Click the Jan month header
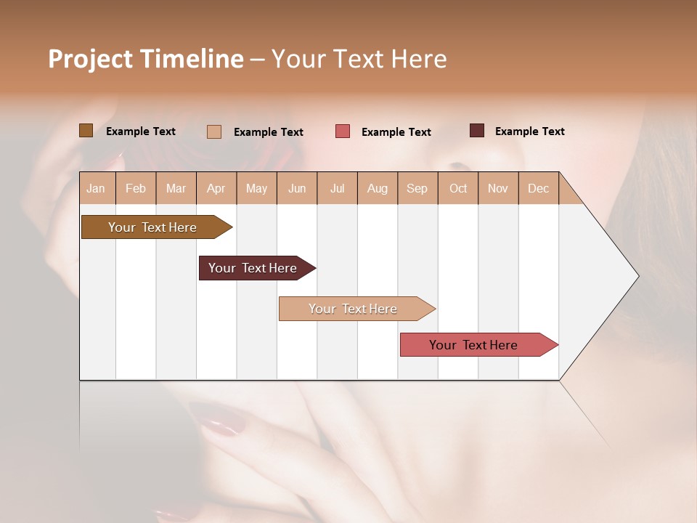[x=96, y=188]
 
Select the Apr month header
[x=216, y=188]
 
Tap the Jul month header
[x=337, y=188]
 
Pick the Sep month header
[x=417, y=188]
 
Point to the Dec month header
[x=538, y=188]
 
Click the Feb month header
[x=136, y=188]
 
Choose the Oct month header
[x=458, y=188]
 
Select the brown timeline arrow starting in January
[x=152, y=227]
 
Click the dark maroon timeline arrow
[x=253, y=268]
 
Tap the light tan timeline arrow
[x=353, y=309]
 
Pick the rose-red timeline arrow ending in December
[x=473, y=345]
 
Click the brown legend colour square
[x=86, y=131]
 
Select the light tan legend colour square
[x=214, y=131]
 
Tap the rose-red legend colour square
[x=343, y=131]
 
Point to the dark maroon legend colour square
[x=477, y=131]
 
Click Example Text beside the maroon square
[x=529, y=131]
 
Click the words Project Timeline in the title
[x=146, y=59]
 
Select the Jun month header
[x=297, y=188]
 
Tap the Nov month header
[x=498, y=188]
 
